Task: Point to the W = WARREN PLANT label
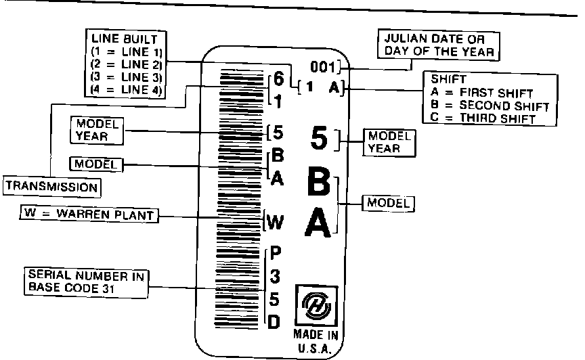pos(87,215)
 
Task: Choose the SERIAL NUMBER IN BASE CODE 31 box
pos(88,282)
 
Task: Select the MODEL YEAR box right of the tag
pos(389,141)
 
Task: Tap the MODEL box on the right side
pos(389,202)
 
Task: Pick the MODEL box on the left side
pos(95,164)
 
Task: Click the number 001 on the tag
pos(323,67)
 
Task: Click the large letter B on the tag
pos(319,183)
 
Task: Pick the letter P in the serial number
pos(274,254)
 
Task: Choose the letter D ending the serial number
pos(274,322)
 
